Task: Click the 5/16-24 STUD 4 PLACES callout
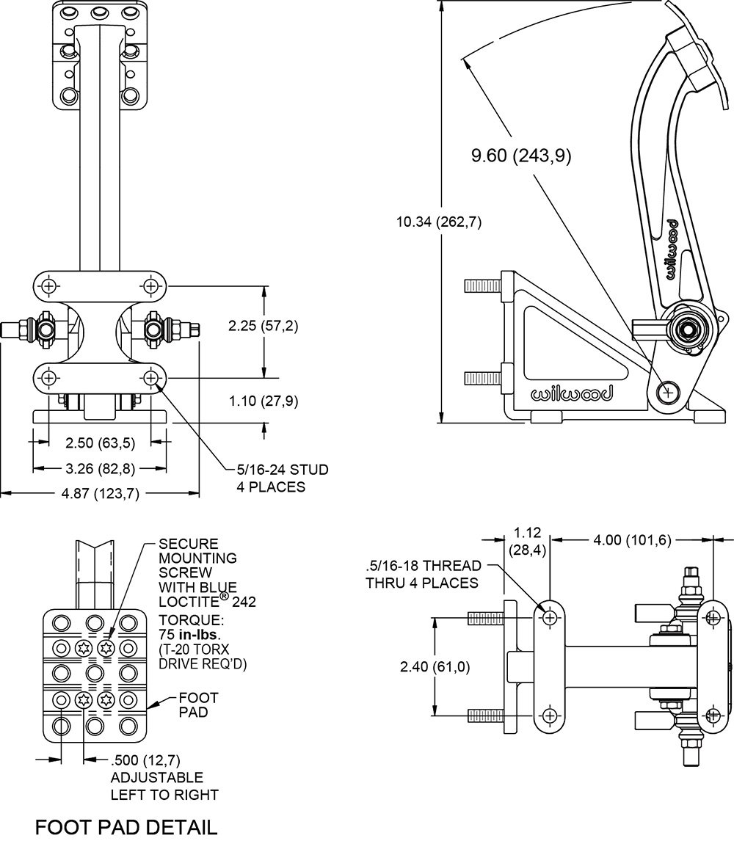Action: (282, 478)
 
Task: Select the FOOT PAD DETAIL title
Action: (126, 827)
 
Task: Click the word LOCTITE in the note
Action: (187, 601)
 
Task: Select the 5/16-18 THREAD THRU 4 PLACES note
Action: (424, 574)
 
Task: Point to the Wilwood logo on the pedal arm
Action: (672, 250)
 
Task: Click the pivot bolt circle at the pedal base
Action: (667, 393)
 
